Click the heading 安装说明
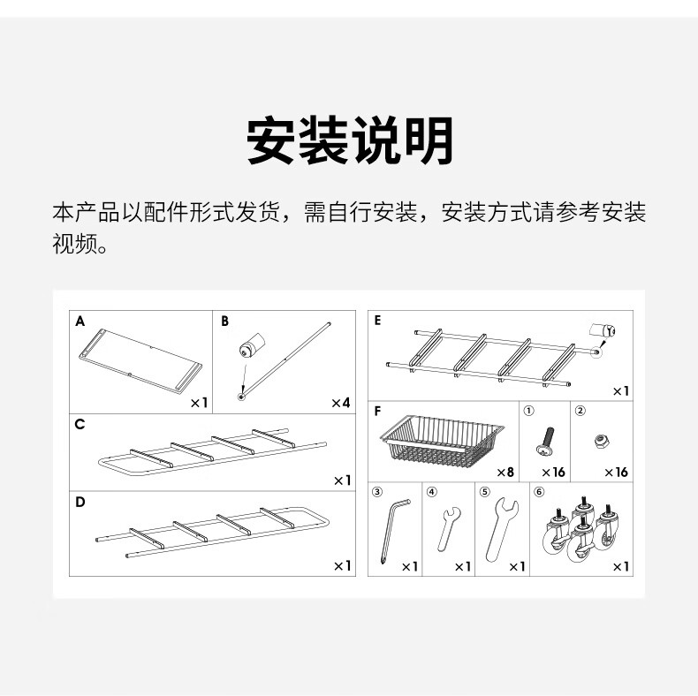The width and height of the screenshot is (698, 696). pyautogui.click(x=349, y=140)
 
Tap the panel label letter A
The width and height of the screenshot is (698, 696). pyautogui.click(x=80, y=322)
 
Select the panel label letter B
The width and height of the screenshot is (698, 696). pyautogui.click(x=224, y=322)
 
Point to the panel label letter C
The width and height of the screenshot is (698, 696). pyautogui.click(x=80, y=424)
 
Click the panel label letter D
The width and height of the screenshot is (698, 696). pyautogui.click(x=80, y=503)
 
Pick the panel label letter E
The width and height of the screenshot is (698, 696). pyautogui.click(x=378, y=322)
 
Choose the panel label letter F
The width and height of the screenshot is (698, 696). pyautogui.click(x=378, y=411)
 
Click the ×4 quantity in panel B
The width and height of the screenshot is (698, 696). pyautogui.click(x=340, y=403)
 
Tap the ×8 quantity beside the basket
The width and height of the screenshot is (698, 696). pyautogui.click(x=505, y=473)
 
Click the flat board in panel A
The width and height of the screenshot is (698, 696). pyautogui.click(x=140, y=360)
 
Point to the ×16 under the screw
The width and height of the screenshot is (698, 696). pyautogui.click(x=553, y=473)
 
